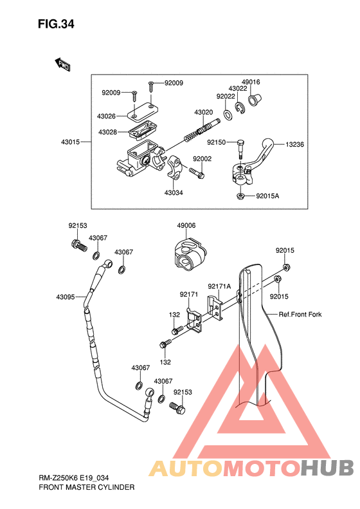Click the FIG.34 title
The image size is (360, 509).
pyautogui.click(x=56, y=24)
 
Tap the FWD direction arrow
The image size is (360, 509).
pyautogui.click(x=62, y=64)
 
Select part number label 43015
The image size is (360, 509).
pyautogui.click(x=70, y=142)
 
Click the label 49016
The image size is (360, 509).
pyautogui.click(x=251, y=82)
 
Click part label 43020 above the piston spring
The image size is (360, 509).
pyautogui.click(x=204, y=113)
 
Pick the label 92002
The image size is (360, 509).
pyautogui.click(x=202, y=159)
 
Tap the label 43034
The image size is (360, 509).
pyautogui.click(x=174, y=193)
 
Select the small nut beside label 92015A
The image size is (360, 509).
pyautogui.click(x=240, y=196)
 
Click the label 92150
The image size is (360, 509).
pyautogui.click(x=217, y=142)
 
